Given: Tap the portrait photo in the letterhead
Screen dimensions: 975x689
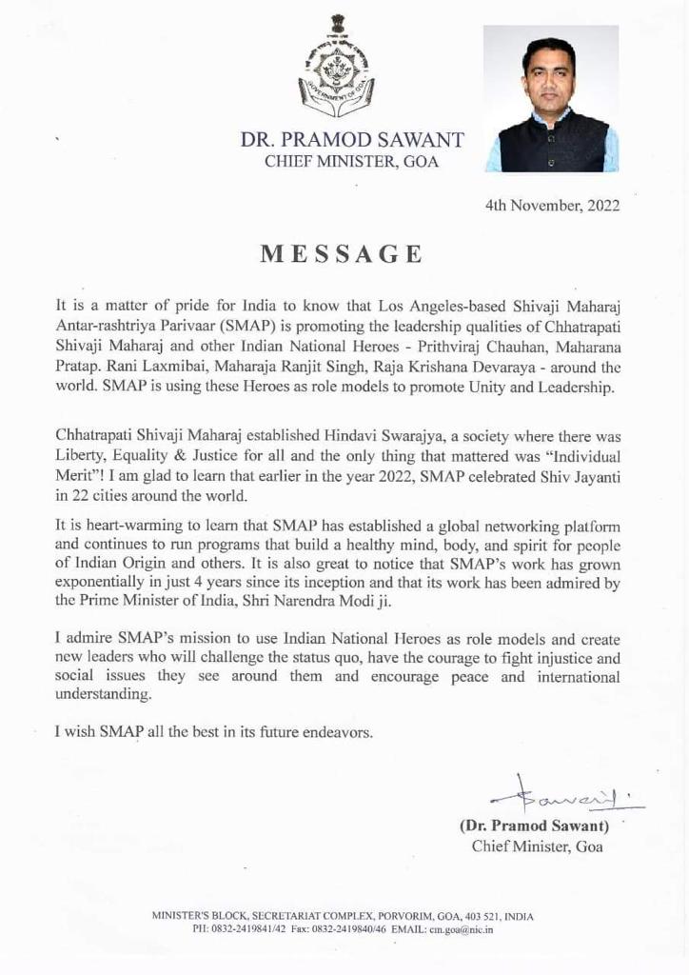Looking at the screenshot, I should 551,98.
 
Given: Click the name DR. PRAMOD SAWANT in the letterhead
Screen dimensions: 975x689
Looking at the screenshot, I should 352,141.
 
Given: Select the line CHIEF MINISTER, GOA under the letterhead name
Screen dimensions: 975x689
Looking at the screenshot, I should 352,162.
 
